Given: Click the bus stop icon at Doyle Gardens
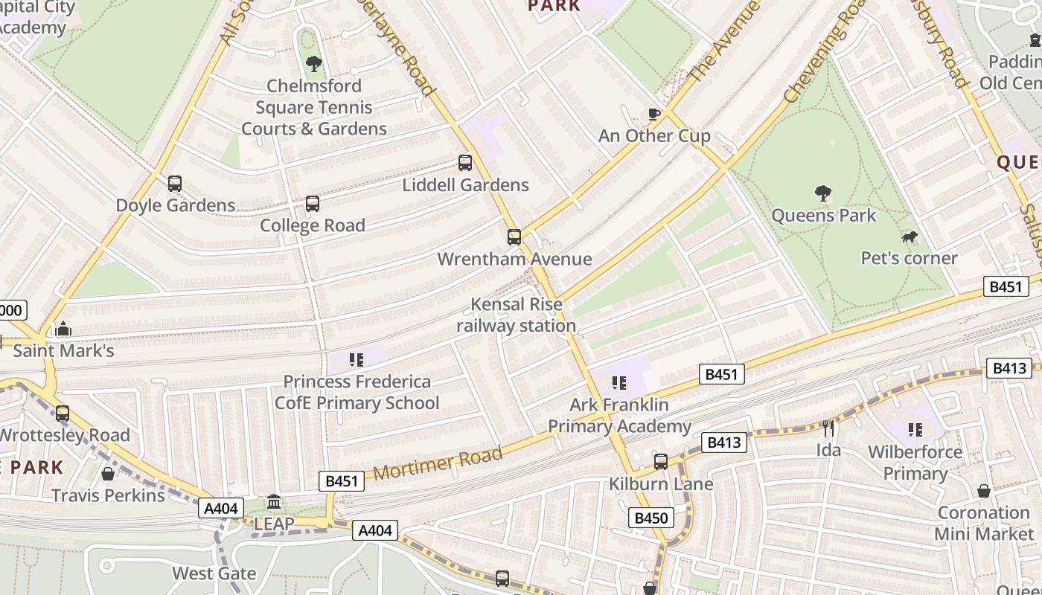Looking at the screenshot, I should pos(175,183).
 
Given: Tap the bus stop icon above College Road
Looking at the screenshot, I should pos(313,203).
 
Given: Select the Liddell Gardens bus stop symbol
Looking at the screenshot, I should pos(465,162).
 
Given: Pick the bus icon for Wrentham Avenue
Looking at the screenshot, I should pos(514,237).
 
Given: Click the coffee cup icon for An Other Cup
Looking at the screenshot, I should pos(654,114).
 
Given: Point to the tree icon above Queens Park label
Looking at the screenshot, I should pos(822,193).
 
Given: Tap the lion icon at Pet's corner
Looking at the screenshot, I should pos(909,237).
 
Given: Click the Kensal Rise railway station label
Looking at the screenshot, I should pos(516,315).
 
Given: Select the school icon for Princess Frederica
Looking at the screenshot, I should pos(357,360).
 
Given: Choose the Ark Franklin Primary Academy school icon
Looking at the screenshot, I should pos(619,383).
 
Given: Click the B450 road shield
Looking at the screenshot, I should pos(651,518).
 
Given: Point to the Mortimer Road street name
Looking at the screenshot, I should pos(438,464).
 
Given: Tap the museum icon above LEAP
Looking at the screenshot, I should pos(274,502).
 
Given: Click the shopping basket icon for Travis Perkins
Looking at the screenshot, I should pos(108,474).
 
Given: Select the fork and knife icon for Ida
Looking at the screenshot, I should pos(828,428).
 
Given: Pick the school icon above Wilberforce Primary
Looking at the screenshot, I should pos(915,430).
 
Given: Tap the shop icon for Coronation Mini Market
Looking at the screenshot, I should pos(984,491).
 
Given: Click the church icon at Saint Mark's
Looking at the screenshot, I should pos(63,329).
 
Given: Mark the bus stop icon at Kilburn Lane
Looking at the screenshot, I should pos(661,462).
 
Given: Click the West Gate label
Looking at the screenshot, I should pos(214,573).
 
